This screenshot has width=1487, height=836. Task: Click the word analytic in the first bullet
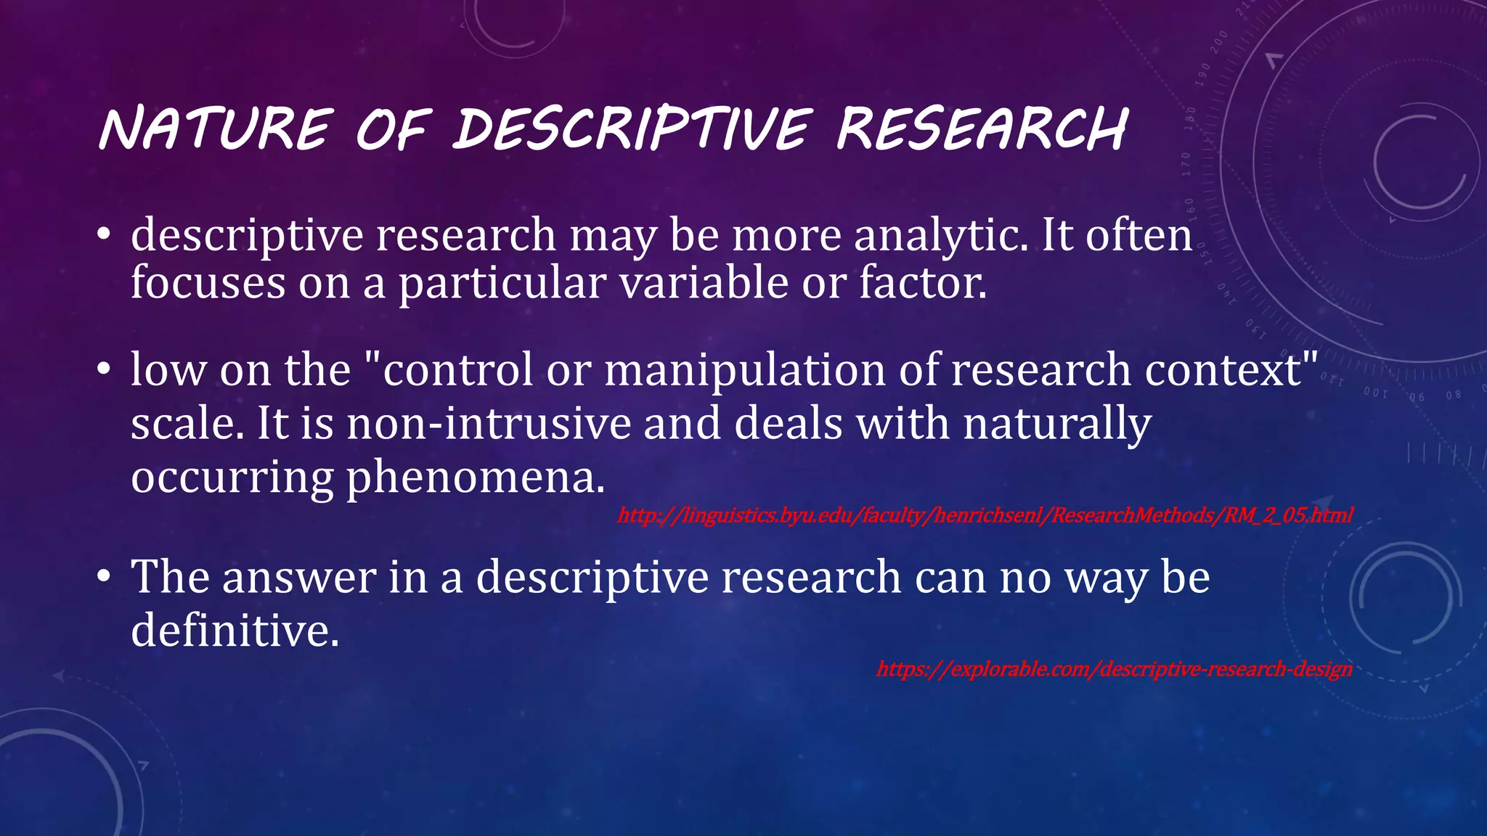tap(941, 236)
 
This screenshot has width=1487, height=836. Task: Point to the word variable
tap(703, 282)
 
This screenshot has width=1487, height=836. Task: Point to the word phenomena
tap(475, 478)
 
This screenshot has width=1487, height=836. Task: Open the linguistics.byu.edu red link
tap(985, 516)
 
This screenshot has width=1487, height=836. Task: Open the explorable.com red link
tap(1114, 668)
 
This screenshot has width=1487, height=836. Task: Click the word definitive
tap(235, 629)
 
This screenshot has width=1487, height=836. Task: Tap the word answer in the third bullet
tap(299, 578)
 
